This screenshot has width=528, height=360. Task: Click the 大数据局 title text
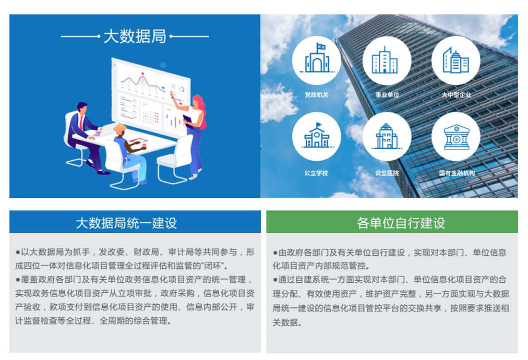[x=135, y=36]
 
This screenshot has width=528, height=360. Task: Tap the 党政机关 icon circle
[x=316, y=60]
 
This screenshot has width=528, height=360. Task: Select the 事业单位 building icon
[x=384, y=60]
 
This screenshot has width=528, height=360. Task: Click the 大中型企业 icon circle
[x=456, y=60]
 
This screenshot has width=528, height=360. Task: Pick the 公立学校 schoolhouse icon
[x=316, y=136]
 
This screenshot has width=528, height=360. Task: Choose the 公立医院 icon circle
[x=386, y=136]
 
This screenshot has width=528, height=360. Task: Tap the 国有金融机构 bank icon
[x=456, y=137]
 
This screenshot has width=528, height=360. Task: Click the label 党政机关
[x=316, y=95]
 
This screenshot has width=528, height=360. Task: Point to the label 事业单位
[x=387, y=95]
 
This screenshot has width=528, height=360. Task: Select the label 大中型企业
[x=456, y=95]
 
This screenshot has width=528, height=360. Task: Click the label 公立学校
[x=316, y=173]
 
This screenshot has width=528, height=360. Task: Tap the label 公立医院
[x=387, y=173]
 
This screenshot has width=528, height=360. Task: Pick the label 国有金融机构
[x=456, y=173]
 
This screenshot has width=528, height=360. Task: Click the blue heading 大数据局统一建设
[x=126, y=223]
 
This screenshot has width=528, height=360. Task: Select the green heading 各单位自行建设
[x=401, y=223]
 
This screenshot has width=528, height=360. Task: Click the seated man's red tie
[x=81, y=122]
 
